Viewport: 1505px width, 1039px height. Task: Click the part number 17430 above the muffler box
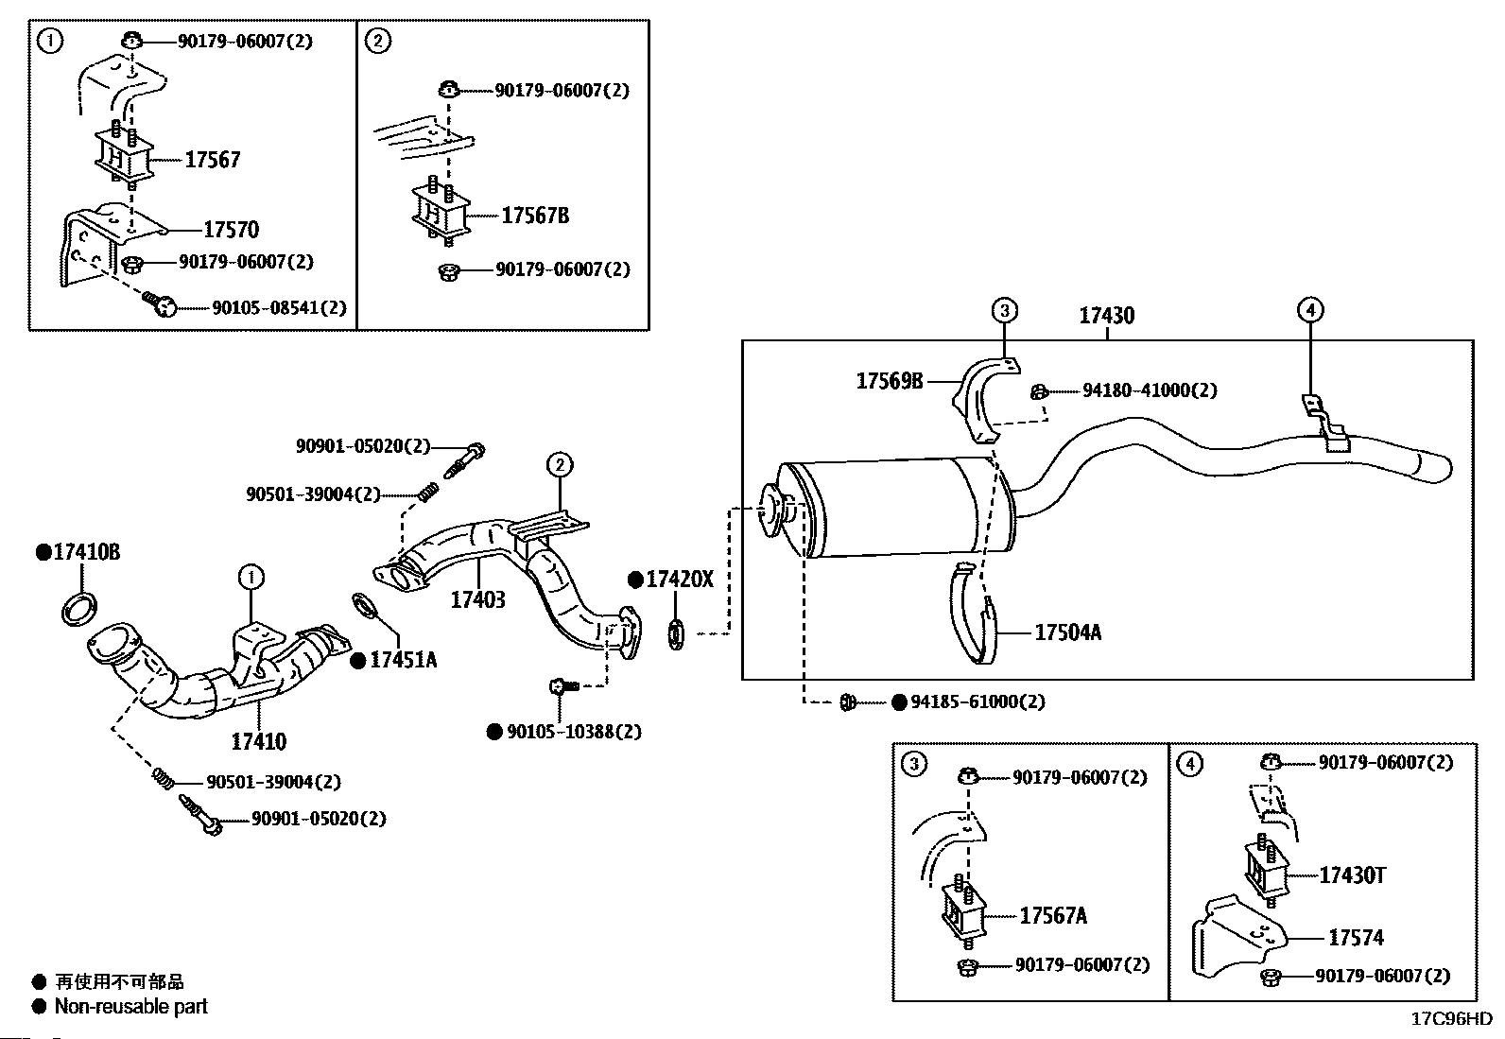pyautogui.click(x=1107, y=315)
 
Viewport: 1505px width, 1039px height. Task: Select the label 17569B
pyautogui.click(x=890, y=381)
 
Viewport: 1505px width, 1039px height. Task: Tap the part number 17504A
pyautogui.click(x=1067, y=632)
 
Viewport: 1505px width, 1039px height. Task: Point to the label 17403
pyautogui.click(x=477, y=599)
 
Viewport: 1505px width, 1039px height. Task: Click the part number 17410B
pyautogui.click(x=87, y=552)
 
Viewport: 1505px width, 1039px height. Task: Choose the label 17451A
pyautogui.click(x=403, y=660)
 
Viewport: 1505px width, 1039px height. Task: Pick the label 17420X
pyautogui.click(x=680, y=580)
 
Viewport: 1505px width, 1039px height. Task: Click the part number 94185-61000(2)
pyautogui.click(x=977, y=701)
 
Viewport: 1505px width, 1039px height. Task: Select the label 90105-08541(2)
pyautogui.click(x=280, y=308)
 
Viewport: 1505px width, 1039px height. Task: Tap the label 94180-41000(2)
pyautogui.click(x=1150, y=390)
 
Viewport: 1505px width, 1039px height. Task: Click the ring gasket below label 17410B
pyautogui.click(x=79, y=609)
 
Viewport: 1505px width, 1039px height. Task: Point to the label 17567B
pyautogui.click(x=535, y=215)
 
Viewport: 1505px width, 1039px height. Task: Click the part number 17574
pyautogui.click(x=1356, y=938)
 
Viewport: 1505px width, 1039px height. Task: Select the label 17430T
pyautogui.click(x=1353, y=875)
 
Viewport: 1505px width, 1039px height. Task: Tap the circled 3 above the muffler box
pyautogui.click(x=1005, y=310)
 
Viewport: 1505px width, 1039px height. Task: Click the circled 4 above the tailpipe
pyautogui.click(x=1310, y=310)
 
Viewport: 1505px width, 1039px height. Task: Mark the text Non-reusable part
pyautogui.click(x=131, y=1006)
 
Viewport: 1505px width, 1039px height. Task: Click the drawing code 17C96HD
pyautogui.click(x=1451, y=1018)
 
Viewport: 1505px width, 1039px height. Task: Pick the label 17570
pyautogui.click(x=231, y=230)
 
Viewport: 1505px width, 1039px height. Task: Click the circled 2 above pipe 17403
pyautogui.click(x=560, y=464)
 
